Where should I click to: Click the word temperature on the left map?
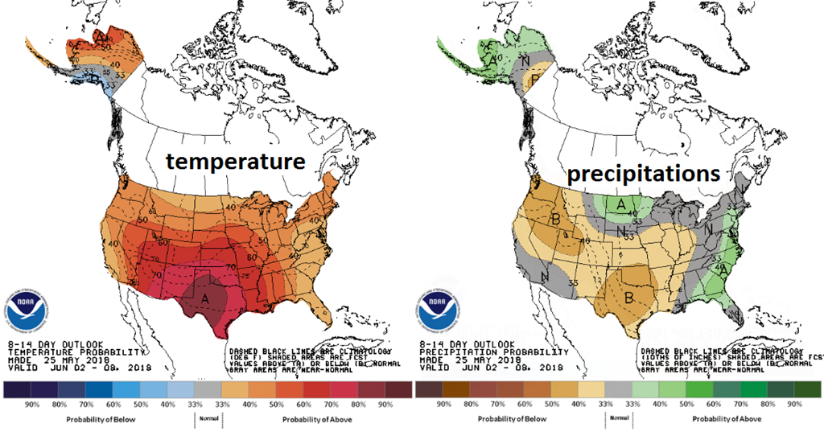[x=236, y=162]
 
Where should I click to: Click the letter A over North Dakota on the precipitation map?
[x=621, y=205]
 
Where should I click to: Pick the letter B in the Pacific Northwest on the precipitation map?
[x=554, y=219]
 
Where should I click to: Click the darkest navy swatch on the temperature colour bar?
[x=19, y=389]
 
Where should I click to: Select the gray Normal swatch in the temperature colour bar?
[x=207, y=389]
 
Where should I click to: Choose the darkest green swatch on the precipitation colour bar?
[x=807, y=389]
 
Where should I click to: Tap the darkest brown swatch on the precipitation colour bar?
[x=428, y=389]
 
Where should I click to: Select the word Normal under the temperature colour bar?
[x=207, y=419]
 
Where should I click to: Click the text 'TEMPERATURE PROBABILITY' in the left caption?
[x=77, y=352]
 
